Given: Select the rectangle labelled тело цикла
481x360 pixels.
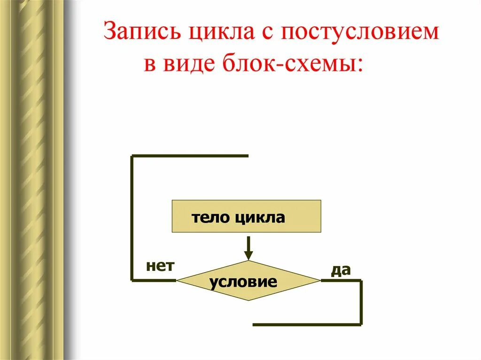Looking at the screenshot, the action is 247,216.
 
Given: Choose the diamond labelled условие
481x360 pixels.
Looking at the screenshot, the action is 248,281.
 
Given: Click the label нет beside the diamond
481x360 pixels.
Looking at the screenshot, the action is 160,267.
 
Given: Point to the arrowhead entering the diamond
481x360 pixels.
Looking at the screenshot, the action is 248,256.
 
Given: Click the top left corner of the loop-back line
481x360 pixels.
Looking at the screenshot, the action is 132,156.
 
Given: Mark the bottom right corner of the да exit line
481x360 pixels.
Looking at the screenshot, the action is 361,324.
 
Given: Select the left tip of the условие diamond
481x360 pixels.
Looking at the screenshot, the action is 178,281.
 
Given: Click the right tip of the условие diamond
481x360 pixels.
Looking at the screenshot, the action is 320,281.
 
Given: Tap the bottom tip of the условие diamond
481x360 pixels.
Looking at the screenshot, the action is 248,300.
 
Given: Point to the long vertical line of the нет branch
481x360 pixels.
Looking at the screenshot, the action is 132,216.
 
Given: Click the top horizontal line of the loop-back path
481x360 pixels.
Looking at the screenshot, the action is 188,155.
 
